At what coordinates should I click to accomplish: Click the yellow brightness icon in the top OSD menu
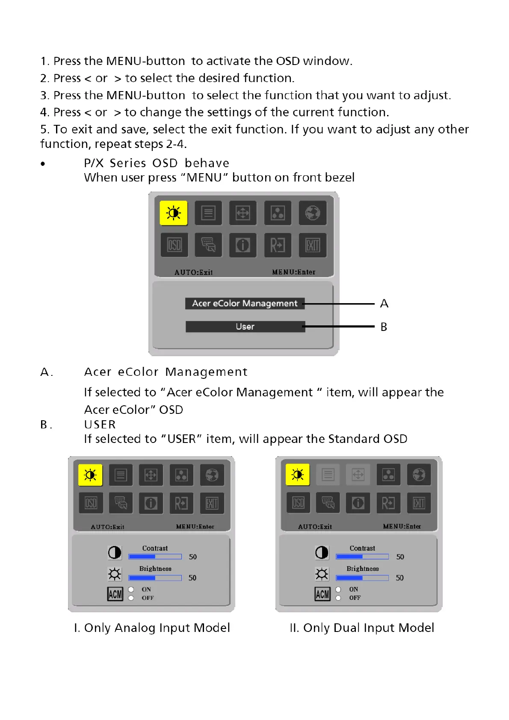pos(174,213)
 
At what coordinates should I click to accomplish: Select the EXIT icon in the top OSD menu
pos(312,245)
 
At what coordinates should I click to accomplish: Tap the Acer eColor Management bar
pos(245,304)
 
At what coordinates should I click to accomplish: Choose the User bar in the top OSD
pos(245,327)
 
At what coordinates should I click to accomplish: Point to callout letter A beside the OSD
pos(384,304)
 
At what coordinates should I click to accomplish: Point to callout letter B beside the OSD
pos(384,327)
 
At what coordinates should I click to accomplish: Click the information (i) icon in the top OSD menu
pos(243,245)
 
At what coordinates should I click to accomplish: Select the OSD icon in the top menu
pos(174,245)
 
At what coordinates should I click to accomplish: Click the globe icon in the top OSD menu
pos(312,213)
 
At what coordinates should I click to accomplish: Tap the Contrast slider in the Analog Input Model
pos(155,557)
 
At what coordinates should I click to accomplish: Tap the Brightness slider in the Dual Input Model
pos(362,578)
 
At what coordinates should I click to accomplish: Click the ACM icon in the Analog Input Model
pos(115,594)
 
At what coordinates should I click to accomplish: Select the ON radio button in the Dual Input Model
pos(338,589)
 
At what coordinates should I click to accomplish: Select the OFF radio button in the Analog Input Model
pos(131,598)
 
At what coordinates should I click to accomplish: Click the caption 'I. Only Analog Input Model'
pos(152,628)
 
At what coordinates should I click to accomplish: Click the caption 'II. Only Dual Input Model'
pos(362,628)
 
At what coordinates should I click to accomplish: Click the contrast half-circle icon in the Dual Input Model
pos(322,552)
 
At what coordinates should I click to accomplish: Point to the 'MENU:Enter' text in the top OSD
pos(293,272)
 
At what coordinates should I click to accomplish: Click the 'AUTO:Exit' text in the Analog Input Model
pos(107,527)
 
